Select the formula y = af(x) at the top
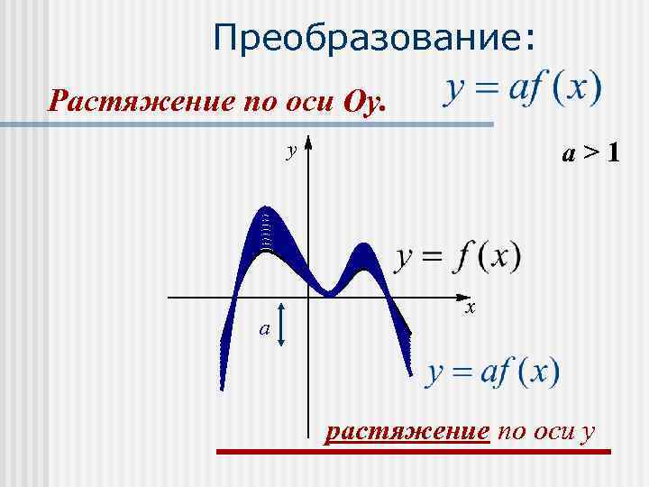[x=524, y=91]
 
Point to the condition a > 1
[x=590, y=154]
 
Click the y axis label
[x=290, y=151]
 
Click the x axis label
[x=471, y=308]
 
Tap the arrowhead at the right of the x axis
[x=465, y=296]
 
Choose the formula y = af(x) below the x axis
[x=492, y=372]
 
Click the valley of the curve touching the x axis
[x=330, y=292]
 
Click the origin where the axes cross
[x=308, y=296]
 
